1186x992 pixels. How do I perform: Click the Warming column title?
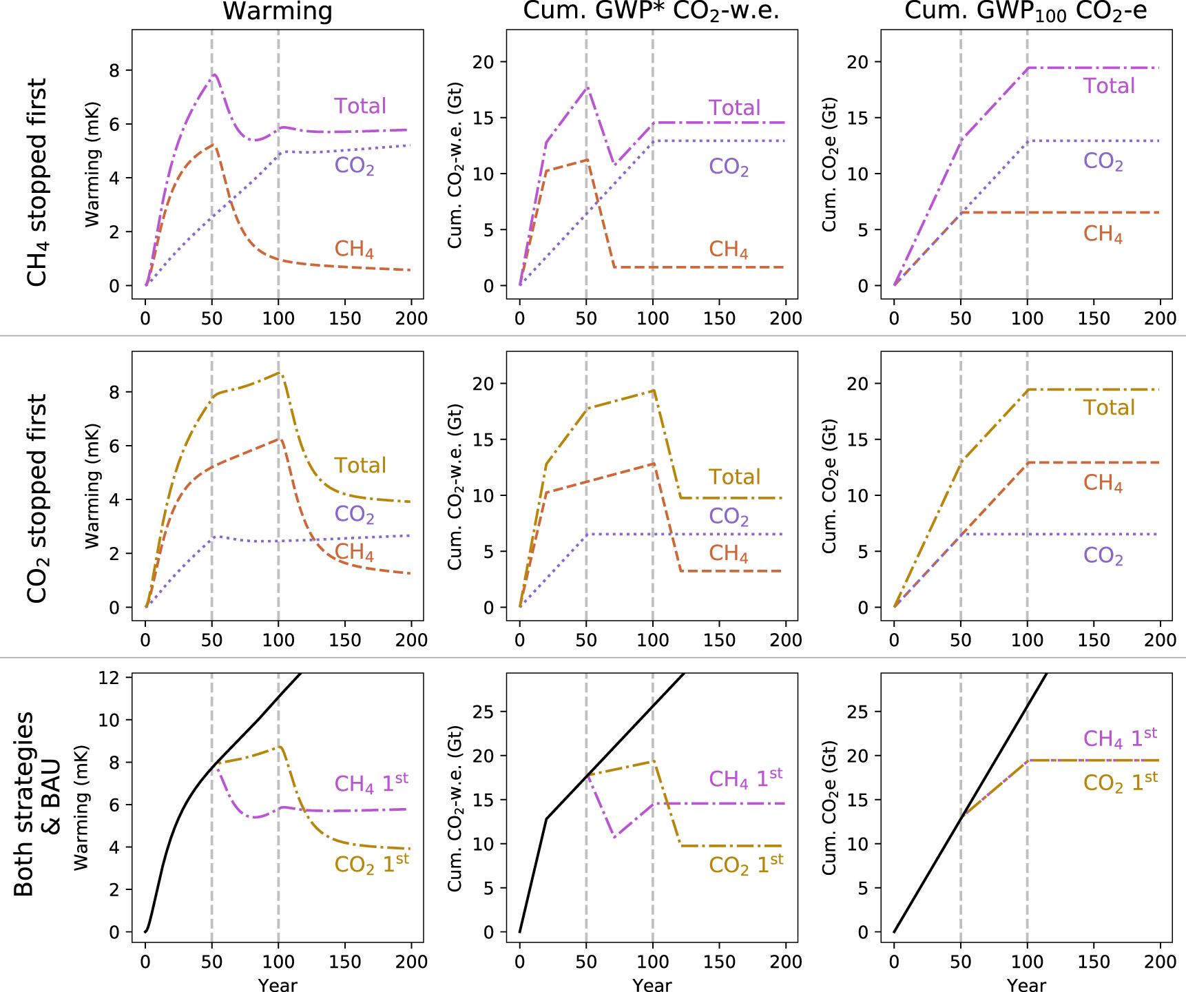[x=278, y=11]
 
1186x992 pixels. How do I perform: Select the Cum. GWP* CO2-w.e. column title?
[x=651, y=11]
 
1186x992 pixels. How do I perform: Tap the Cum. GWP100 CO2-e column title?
[x=1026, y=11]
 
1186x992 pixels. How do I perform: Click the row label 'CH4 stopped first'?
[x=37, y=183]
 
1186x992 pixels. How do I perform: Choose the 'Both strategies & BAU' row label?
[x=37, y=803]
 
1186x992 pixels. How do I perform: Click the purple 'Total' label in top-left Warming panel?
[x=360, y=106]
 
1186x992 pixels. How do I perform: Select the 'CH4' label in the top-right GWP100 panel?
[x=1103, y=234]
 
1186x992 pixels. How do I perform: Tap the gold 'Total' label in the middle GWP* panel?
[x=734, y=477]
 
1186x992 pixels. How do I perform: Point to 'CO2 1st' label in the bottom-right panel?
[x=1120, y=782]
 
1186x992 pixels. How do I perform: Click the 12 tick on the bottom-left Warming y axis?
[x=110, y=678]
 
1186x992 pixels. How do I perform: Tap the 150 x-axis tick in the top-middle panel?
[x=719, y=318]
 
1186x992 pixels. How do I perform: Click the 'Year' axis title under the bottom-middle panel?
[x=652, y=985]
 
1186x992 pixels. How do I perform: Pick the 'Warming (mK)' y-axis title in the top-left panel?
[x=92, y=165]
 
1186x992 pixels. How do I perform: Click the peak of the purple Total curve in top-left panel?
[x=216, y=74]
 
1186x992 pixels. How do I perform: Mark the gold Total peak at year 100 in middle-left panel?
[x=278, y=373]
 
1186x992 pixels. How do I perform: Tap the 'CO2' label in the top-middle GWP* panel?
[x=729, y=167]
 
